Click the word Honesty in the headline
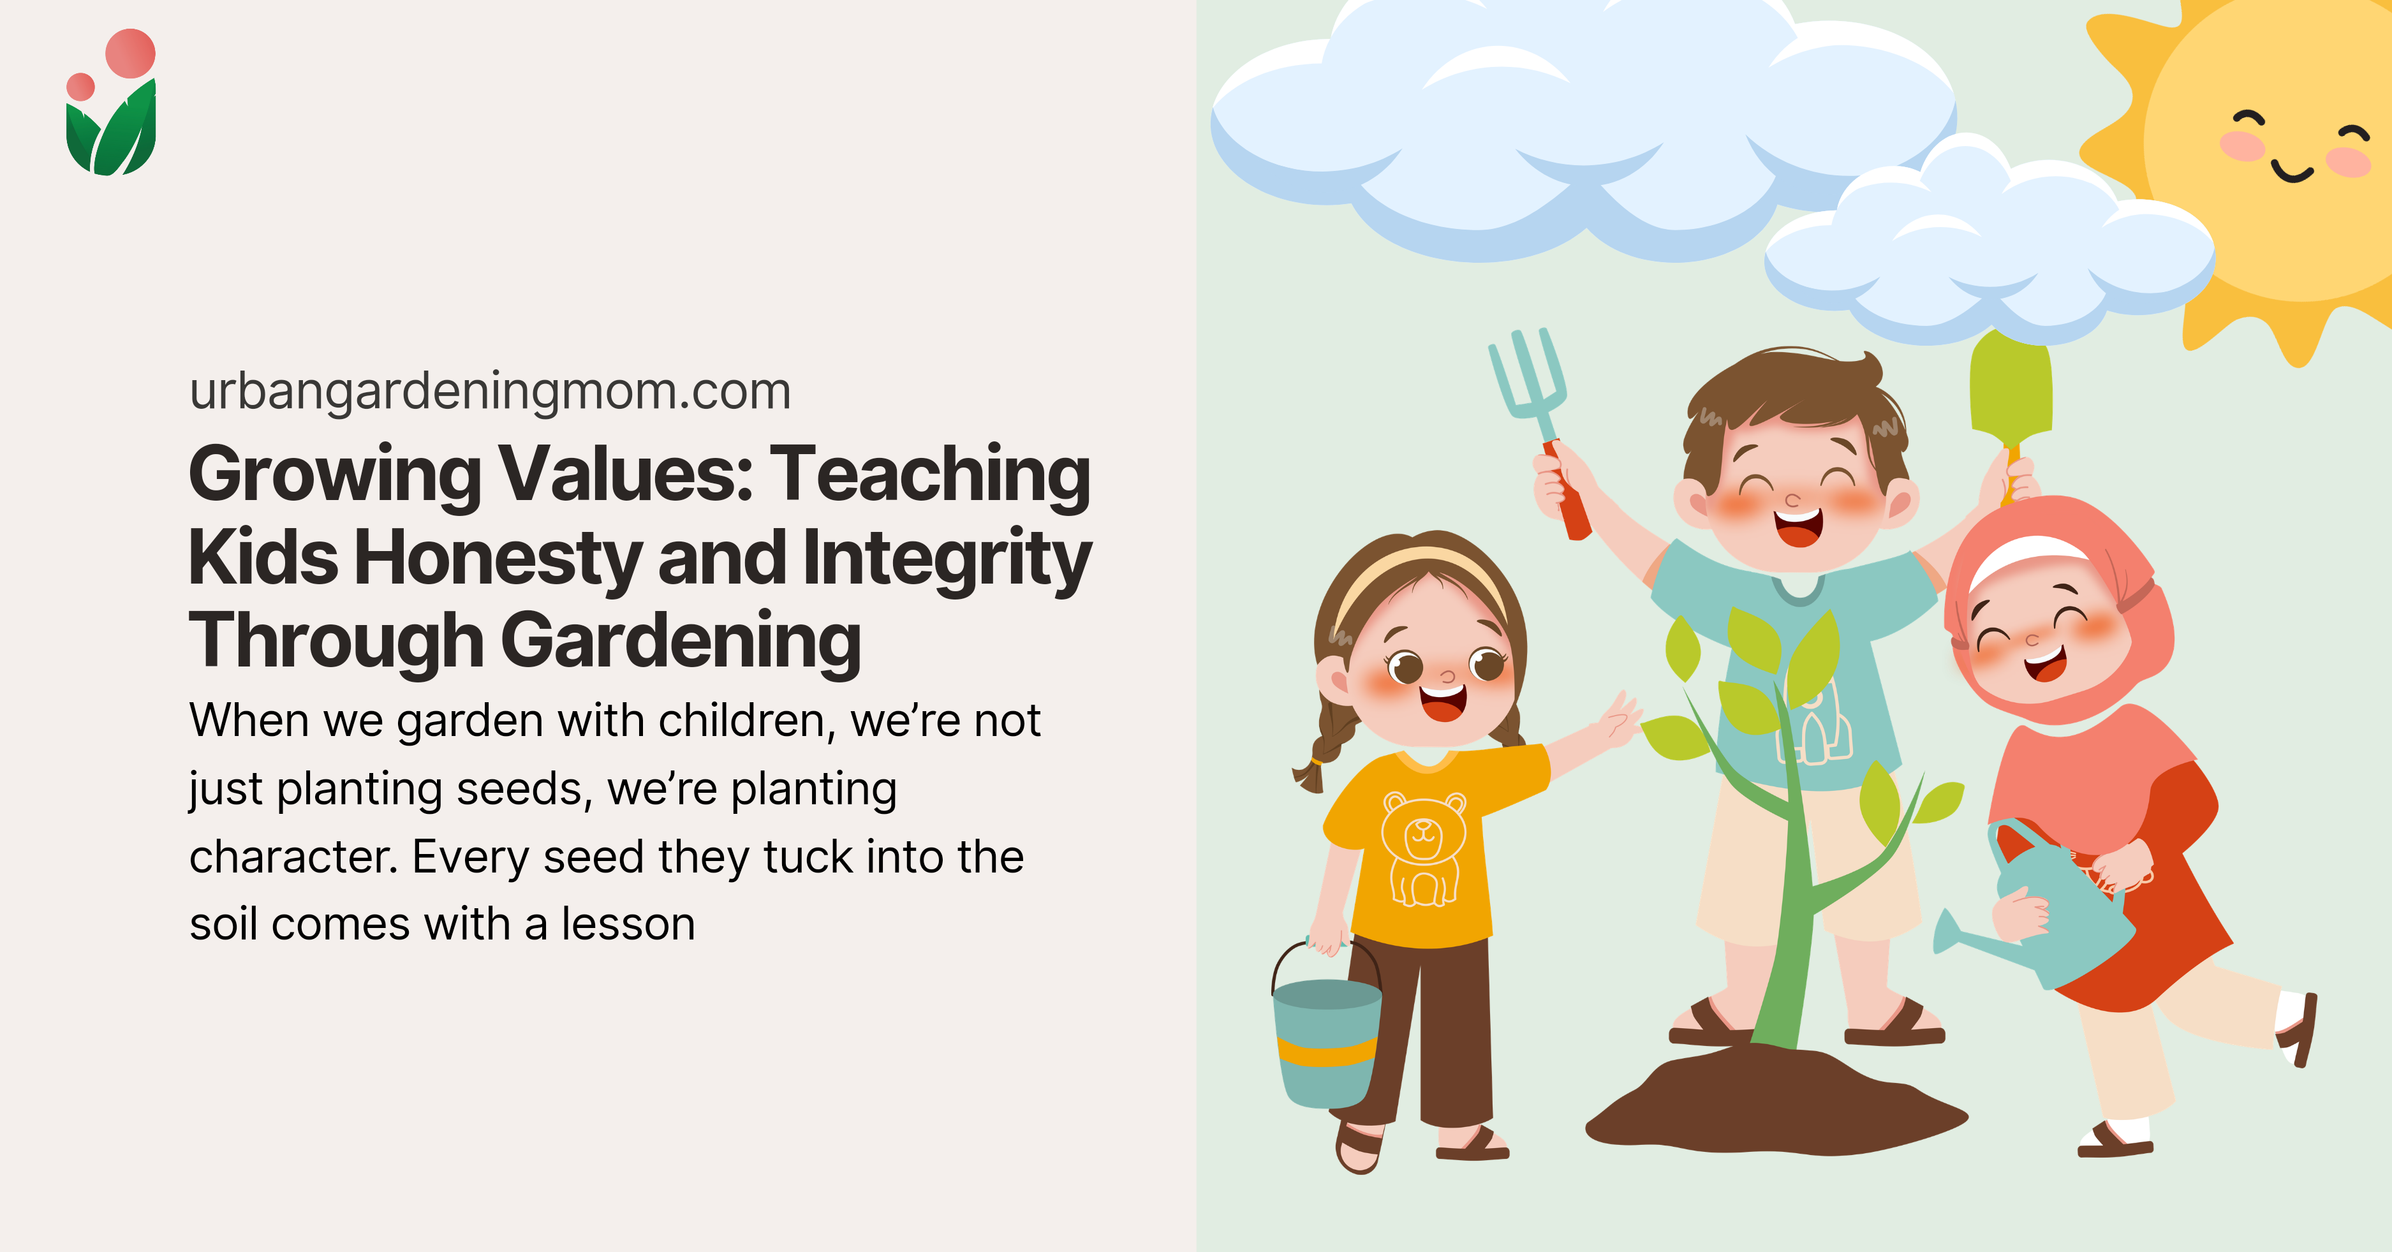[x=498, y=558]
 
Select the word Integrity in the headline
[x=947, y=558]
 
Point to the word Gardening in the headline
[x=682, y=641]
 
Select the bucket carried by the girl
[x=1326, y=1040]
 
